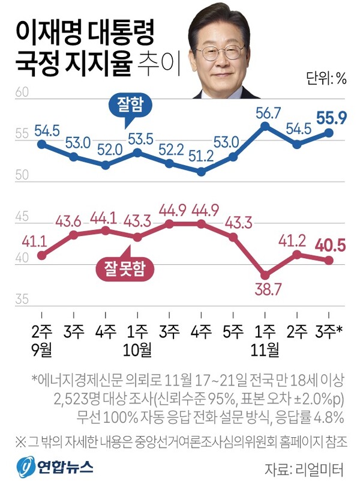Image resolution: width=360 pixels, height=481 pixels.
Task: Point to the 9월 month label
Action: point(41,348)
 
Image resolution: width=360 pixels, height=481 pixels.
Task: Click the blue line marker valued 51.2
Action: point(202,172)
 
